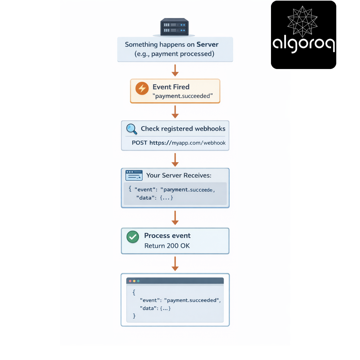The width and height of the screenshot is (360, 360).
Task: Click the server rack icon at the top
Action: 174,27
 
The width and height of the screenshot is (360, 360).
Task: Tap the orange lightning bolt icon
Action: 142,88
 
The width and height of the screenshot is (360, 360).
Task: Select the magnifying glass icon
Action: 132,129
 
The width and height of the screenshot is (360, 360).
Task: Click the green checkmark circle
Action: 133,237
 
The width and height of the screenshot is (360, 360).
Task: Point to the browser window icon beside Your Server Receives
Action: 134,175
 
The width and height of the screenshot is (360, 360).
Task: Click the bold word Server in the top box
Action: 208,44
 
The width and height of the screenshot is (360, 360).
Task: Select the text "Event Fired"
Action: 171,87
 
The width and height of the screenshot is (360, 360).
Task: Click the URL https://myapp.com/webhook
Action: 188,143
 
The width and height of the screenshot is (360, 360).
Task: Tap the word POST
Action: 139,143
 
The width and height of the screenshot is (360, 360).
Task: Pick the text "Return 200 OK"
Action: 167,246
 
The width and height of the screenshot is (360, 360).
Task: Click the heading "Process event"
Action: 167,236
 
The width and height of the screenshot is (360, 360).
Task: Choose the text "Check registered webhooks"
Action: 183,129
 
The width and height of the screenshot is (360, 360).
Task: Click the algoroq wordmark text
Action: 304,44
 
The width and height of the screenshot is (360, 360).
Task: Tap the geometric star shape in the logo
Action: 303,22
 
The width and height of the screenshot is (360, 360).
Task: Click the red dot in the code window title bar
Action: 130,281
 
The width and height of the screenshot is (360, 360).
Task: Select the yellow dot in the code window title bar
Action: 134,281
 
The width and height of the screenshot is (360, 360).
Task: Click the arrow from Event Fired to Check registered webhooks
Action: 175,112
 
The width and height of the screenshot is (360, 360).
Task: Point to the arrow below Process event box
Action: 175,264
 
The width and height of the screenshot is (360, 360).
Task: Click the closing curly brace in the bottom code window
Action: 134,316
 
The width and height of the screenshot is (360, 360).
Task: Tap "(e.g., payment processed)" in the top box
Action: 174,54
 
